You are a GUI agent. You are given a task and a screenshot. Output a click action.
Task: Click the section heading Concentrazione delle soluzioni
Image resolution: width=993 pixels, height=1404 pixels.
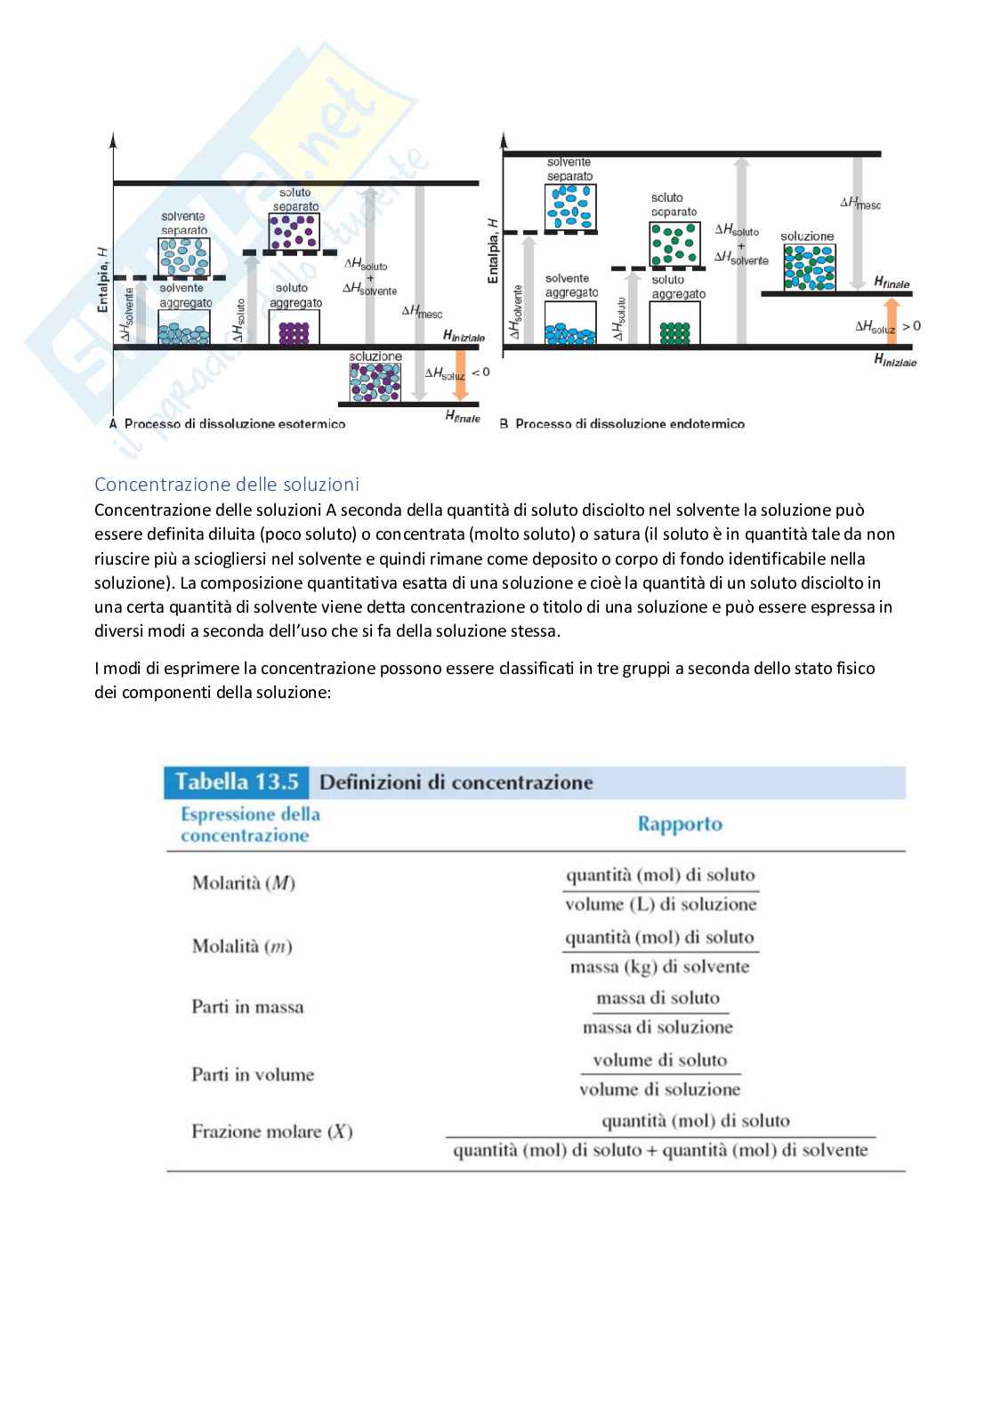[227, 485]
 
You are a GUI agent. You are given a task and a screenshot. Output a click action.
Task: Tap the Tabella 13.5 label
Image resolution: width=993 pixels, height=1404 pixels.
[236, 782]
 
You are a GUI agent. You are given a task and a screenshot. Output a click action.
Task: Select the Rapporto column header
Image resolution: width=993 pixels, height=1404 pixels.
[680, 824]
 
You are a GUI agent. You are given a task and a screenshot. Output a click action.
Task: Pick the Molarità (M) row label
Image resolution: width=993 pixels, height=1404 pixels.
[243, 883]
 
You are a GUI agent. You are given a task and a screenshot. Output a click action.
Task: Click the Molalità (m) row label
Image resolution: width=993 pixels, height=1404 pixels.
[242, 946]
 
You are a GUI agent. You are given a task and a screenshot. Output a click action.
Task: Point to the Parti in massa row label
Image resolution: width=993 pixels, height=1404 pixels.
[247, 1007]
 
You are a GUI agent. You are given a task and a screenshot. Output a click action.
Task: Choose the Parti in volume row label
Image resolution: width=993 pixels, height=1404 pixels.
[253, 1075]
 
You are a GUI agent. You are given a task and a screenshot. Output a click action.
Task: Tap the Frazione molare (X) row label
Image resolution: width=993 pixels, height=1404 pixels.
[272, 1132]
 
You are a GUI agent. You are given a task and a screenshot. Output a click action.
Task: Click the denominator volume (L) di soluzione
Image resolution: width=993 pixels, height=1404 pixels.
[661, 905]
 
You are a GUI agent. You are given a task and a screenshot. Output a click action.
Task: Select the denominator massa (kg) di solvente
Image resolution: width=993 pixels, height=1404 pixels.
[660, 967]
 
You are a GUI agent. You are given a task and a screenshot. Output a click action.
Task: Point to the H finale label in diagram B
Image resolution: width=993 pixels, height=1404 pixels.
[892, 282]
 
